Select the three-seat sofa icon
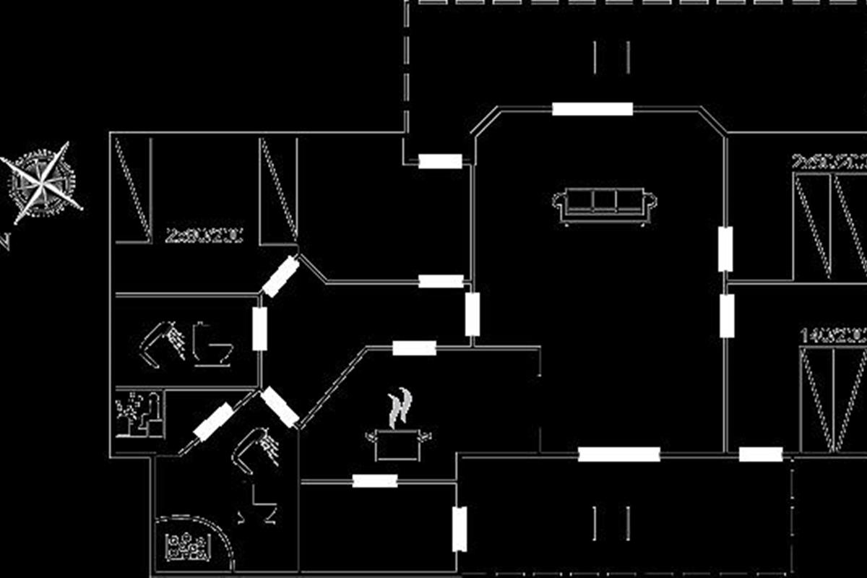605,205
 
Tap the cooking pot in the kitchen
398,443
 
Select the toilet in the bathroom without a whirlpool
212,345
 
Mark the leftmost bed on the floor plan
133,189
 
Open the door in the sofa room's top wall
592,109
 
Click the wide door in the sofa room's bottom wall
619,454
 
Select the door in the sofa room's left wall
473,314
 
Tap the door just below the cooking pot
375,480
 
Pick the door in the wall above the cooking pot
414,348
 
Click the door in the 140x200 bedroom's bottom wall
761,454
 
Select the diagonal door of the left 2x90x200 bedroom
280,277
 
